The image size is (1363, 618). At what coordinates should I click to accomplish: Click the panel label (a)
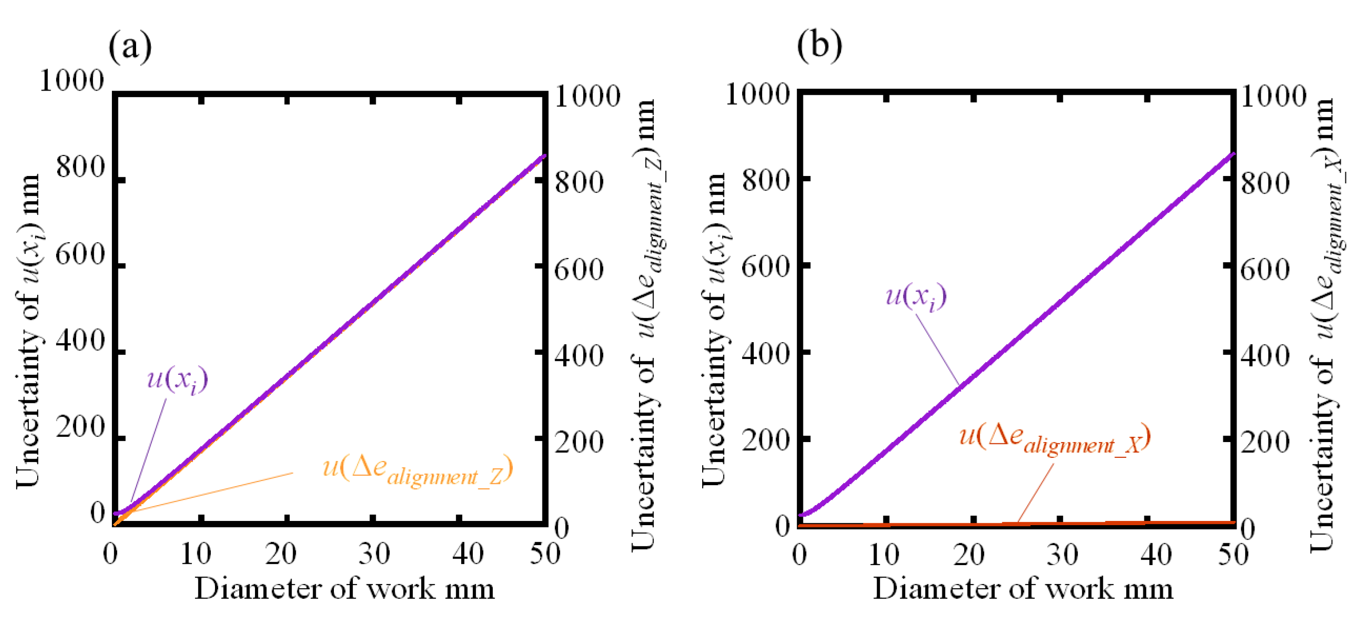pyautogui.click(x=130, y=46)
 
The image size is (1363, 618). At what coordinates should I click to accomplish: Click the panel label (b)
pyautogui.click(x=819, y=45)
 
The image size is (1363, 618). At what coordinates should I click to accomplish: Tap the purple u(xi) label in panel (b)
pyautogui.click(x=916, y=296)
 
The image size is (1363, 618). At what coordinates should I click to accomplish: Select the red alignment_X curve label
pyautogui.click(x=1054, y=438)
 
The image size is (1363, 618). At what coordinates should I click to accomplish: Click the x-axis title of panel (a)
pyautogui.click(x=345, y=589)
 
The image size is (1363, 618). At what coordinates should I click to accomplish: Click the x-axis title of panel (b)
pyautogui.click(x=1022, y=589)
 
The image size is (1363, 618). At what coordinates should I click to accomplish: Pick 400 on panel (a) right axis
pyautogui.click(x=579, y=356)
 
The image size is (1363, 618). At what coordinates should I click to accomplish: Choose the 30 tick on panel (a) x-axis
pyautogui.click(x=374, y=554)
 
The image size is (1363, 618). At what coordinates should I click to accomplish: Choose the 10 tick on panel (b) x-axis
pyautogui.click(x=884, y=555)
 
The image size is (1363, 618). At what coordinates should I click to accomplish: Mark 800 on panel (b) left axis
pyautogui.click(x=766, y=181)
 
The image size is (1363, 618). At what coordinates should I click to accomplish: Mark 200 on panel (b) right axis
pyautogui.click(x=1265, y=442)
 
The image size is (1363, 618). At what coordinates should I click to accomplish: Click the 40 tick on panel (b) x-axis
pyautogui.click(x=1156, y=555)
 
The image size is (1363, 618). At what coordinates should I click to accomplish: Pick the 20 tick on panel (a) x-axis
pyautogui.click(x=280, y=554)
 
